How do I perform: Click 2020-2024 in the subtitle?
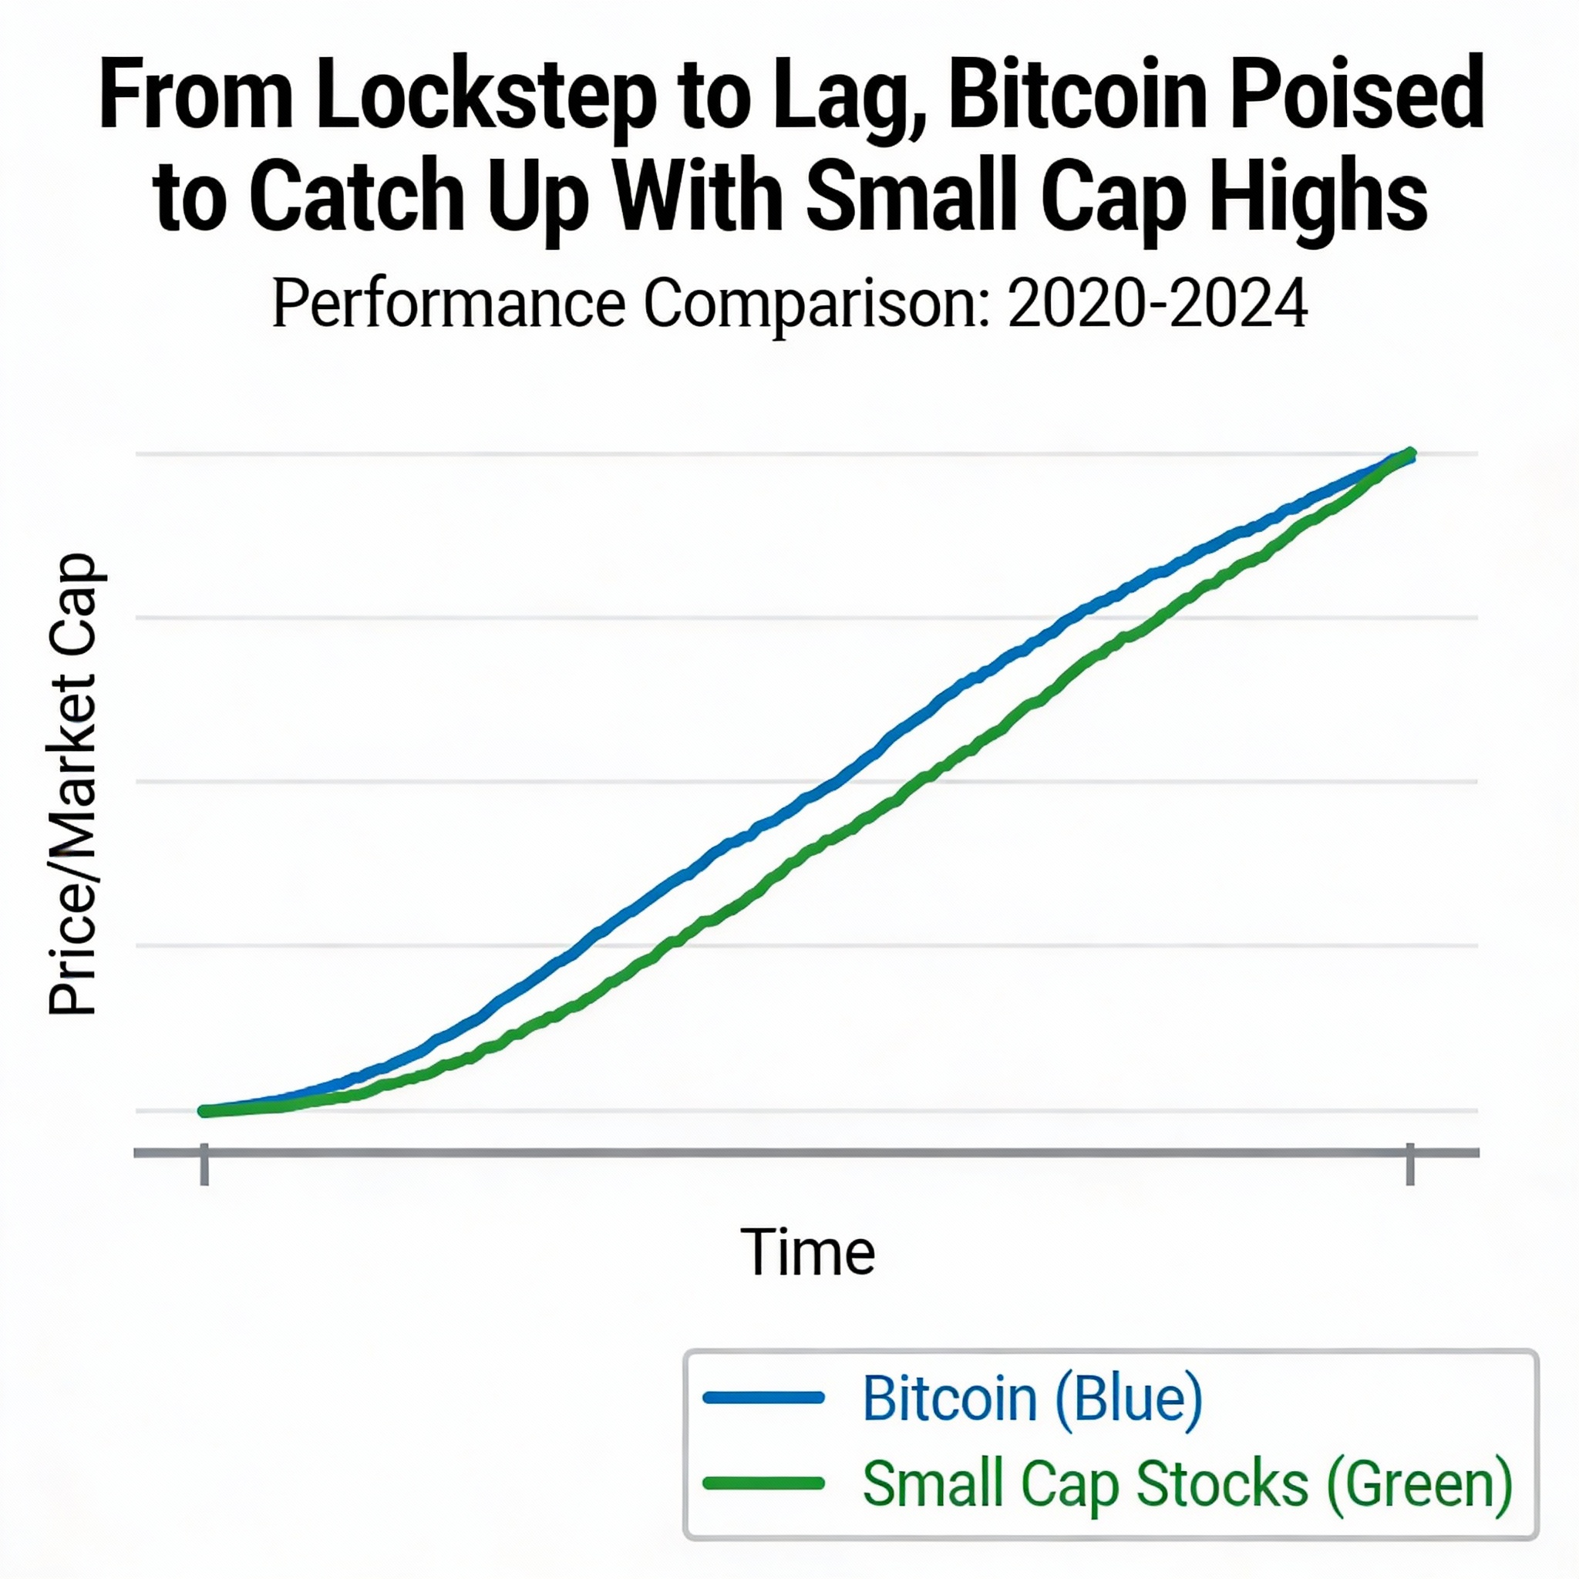tap(1156, 304)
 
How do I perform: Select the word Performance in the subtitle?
tap(449, 304)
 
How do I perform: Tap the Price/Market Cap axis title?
tap(73, 785)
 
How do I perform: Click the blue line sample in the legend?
tap(763, 1398)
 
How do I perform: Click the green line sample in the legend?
tap(763, 1483)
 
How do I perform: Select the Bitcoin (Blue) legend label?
tap(1032, 1399)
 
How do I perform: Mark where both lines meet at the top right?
tap(1409, 454)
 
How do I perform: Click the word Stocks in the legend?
tap(1222, 1483)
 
